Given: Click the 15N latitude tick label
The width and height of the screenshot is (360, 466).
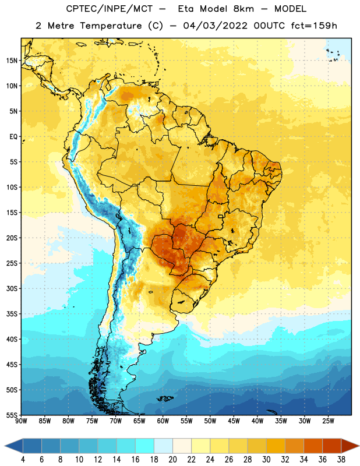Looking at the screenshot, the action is [x=12, y=61].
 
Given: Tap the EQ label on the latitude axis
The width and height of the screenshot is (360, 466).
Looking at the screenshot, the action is [x=13, y=137].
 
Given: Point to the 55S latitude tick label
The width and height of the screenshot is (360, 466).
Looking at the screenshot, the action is [x=12, y=415].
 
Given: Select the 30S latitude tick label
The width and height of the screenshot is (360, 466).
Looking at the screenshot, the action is [x=12, y=288].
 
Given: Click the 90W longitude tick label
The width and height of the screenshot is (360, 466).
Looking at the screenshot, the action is [x=21, y=421].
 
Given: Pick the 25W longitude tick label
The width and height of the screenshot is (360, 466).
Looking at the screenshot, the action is [x=328, y=421].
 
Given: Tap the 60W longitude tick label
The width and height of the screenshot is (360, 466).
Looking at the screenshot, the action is [x=163, y=421].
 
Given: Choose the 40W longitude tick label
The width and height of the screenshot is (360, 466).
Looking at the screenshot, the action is [x=257, y=421].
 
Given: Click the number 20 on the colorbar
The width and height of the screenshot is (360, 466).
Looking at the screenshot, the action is [x=172, y=460].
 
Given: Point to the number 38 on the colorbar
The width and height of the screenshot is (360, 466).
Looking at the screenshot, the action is [x=341, y=460].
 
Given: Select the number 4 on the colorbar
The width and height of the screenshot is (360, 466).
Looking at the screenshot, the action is [x=23, y=460].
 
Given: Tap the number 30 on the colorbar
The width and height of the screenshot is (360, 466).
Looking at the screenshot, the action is [x=266, y=460].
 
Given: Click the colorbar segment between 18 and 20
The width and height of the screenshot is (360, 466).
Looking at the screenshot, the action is [x=164, y=446].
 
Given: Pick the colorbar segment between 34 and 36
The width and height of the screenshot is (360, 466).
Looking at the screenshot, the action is [x=313, y=446].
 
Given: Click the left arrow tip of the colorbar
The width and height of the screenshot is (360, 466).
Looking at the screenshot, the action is [x=5, y=446].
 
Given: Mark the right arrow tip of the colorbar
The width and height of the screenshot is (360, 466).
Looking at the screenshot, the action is [x=359, y=446].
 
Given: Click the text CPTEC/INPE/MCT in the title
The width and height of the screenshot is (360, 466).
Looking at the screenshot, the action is [x=109, y=9].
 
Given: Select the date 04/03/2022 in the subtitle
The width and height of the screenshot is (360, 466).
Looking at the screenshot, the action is [x=215, y=26].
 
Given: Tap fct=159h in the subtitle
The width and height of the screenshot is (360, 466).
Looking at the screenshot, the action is [x=314, y=26].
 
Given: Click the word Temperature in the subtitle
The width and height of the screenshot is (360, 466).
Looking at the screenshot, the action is [x=111, y=26].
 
